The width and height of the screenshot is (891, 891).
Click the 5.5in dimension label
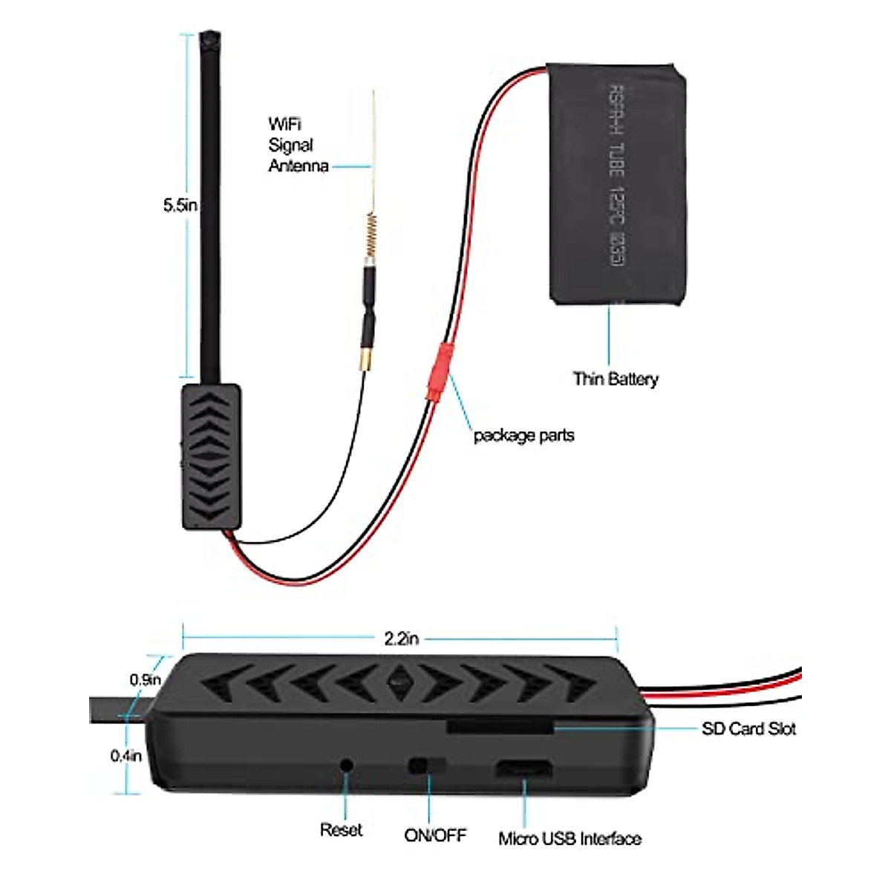[180, 206]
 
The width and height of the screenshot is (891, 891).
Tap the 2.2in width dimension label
[401, 638]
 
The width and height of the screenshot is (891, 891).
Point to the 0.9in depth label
[146, 679]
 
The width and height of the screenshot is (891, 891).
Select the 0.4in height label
[126, 756]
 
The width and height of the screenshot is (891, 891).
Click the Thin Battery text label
[616, 379]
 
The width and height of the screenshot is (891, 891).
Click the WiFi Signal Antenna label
[298, 145]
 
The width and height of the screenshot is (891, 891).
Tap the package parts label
[523, 435]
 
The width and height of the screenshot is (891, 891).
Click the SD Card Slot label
[748, 729]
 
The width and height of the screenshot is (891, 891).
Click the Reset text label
[341, 830]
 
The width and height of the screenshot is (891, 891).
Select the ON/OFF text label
[435, 835]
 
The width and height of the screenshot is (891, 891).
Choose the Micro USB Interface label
[569, 839]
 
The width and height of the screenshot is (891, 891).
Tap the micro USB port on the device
[523, 768]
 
